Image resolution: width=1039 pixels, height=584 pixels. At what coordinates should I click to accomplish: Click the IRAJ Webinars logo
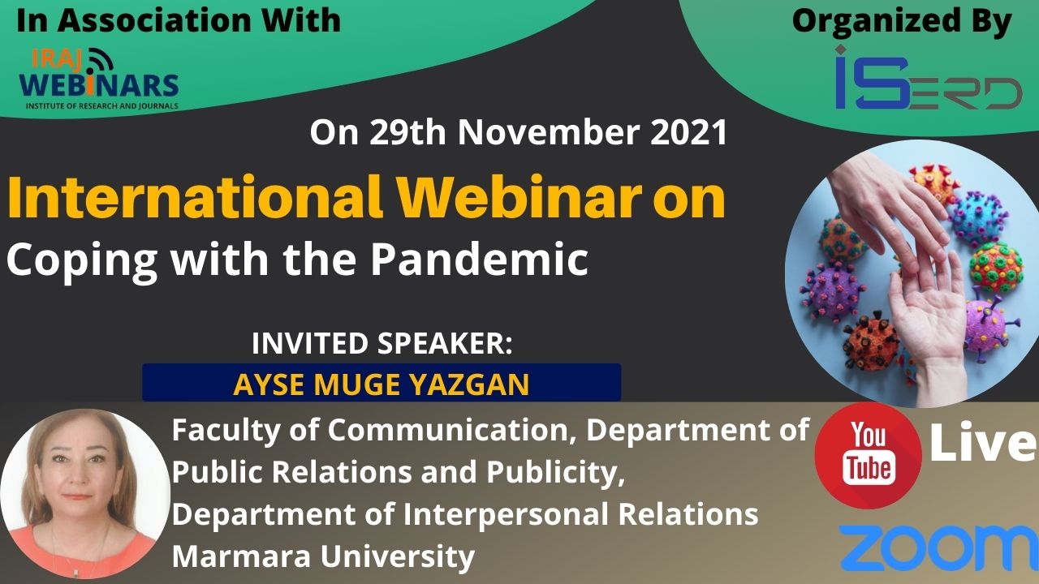click(x=99, y=79)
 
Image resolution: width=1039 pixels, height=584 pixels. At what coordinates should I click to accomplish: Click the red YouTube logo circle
click(x=869, y=456)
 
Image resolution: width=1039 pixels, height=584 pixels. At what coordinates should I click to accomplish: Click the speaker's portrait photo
click(x=85, y=495)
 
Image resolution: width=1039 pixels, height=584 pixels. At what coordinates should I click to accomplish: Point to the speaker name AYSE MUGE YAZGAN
click(x=382, y=384)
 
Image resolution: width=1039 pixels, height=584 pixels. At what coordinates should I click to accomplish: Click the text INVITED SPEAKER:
click(x=382, y=343)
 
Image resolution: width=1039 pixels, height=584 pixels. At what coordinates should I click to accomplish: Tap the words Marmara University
click(x=323, y=556)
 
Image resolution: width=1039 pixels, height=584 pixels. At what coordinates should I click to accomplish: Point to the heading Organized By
click(x=901, y=22)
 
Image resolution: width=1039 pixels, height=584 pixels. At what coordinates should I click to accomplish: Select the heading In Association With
click(x=179, y=20)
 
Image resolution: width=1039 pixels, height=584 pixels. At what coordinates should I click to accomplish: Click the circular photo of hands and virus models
click(x=912, y=273)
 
